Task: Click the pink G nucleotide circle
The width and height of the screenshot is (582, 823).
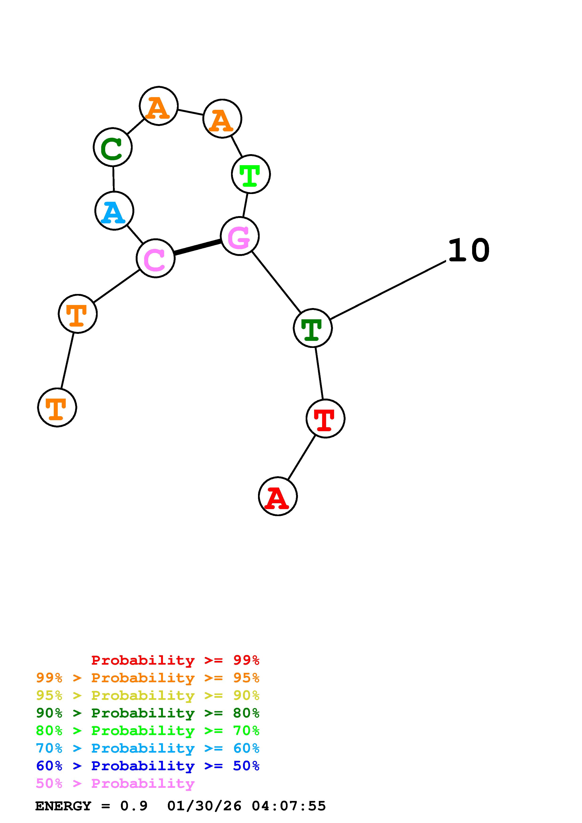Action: [x=239, y=236]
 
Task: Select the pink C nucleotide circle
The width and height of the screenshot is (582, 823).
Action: [x=156, y=258]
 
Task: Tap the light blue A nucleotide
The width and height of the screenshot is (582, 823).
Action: [x=114, y=211]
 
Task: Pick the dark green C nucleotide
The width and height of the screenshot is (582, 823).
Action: [x=113, y=147]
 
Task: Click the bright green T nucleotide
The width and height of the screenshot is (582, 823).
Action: [x=251, y=174]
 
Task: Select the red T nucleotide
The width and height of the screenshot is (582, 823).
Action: [x=325, y=418]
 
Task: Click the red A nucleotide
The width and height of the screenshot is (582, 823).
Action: [x=278, y=496]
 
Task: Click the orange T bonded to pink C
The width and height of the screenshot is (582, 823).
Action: [x=78, y=314]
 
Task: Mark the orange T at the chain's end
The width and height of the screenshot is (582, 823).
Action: [x=57, y=408]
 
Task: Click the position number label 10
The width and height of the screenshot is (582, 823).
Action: [x=469, y=251]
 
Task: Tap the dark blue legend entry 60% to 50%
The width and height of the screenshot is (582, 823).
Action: [x=148, y=766]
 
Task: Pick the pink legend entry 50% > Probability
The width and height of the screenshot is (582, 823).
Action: [x=115, y=784]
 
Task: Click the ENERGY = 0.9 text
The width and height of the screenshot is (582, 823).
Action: [x=91, y=806]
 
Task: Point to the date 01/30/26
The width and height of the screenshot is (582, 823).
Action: [x=204, y=806]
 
